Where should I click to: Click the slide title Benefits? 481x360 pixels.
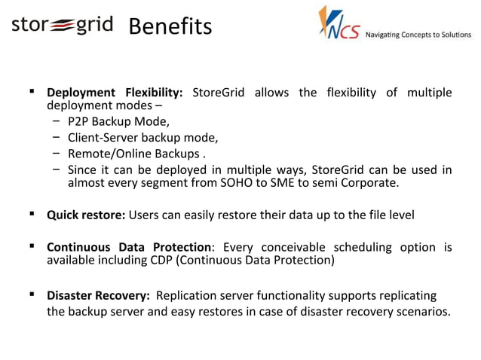pos(170,27)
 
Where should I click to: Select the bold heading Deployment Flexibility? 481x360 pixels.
pos(115,93)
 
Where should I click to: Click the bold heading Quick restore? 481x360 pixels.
pos(86,215)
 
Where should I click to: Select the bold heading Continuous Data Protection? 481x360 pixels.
pos(129,247)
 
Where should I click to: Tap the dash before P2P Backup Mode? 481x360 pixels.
pos(57,121)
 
